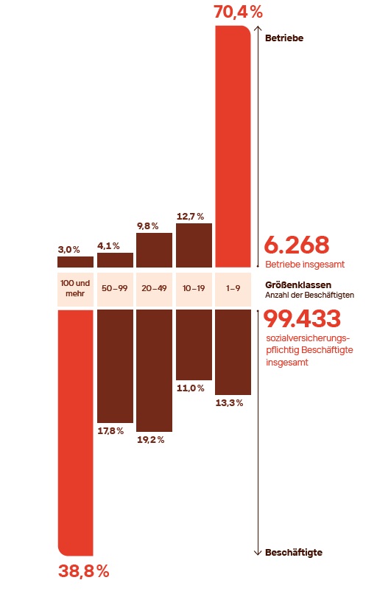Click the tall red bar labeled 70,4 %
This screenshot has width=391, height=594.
tap(233, 146)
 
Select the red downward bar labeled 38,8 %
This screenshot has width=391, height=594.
tap(75, 431)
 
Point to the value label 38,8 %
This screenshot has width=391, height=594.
tap(83, 571)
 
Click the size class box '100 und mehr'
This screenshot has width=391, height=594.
tap(75, 288)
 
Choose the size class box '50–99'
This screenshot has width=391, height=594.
tap(115, 288)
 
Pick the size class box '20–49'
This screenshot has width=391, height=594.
tap(154, 288)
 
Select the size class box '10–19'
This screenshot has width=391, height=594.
tap(194, 288)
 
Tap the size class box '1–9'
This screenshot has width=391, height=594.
tap(233, 288)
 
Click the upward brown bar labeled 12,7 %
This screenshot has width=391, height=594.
tap(194, 245)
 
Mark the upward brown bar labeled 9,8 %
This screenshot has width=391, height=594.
tap(154, 250)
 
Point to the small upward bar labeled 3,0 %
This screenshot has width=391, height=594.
tap(75, 262)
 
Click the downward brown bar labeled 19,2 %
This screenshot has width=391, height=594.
tap(154, 370)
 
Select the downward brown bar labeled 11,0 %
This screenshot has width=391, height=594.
tap(194, 344)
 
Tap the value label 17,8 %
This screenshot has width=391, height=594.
tap(110, 430)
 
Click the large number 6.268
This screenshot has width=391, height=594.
tap(297, 245)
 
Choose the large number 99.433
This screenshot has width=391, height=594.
tap(303, 319)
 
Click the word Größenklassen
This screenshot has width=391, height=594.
tap(297, 284)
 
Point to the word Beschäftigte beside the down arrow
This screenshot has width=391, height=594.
tap(293, 552)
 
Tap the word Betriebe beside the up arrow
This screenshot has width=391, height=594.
tap(284, 38)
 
